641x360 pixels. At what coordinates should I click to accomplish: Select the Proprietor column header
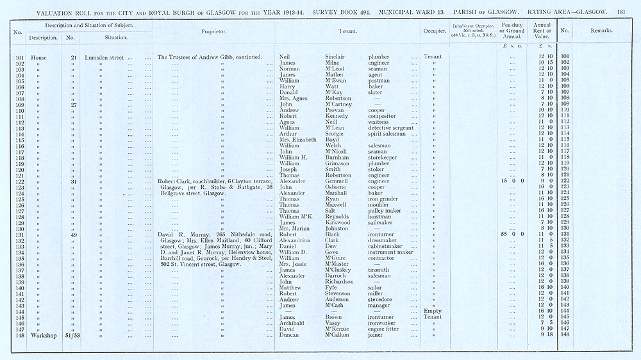pyautogui.click(x=213, y=31)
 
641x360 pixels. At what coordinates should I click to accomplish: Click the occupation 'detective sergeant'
pyautogui.click(x=391, y=127)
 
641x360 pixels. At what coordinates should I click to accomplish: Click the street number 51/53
pyautogui.click(x=74, y=334)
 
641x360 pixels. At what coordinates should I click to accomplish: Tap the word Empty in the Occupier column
pyautogui.click(x=433, y=311)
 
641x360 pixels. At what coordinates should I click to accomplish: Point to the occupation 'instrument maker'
pyautogui.click(x=390, y=252)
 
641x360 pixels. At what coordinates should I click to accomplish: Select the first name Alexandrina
pyautogui.click(x=298, y=241)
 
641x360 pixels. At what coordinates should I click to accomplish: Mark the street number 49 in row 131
pyautogui.click(x=74, y=235)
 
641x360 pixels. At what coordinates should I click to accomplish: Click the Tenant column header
pyautogui.click(x=347, y=31)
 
